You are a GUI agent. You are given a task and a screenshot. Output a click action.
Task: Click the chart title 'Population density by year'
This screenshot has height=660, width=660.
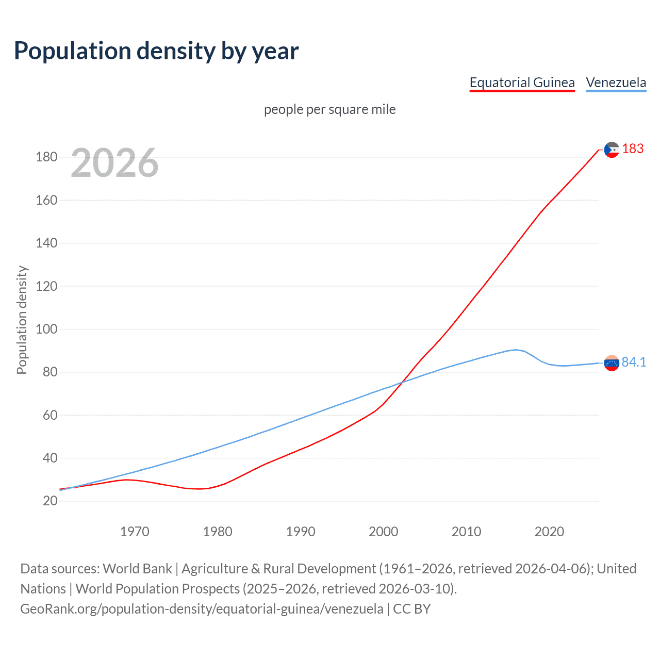(x=156, y=51)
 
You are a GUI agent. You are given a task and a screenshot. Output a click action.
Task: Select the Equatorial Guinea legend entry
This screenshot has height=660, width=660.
(x=522, y=82)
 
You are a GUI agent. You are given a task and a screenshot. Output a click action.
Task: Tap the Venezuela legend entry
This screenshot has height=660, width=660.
(x=616, y=82)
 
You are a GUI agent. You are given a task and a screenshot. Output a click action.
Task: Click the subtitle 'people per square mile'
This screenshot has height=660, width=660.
(x=329, y=109)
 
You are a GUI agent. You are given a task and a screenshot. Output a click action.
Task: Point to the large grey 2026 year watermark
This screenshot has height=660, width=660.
(x=114, y=163)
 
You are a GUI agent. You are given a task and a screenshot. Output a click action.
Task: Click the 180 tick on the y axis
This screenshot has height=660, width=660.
(x=46, y=157)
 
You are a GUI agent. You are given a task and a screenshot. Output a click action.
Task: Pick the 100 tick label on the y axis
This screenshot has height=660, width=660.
(x=46, y=329)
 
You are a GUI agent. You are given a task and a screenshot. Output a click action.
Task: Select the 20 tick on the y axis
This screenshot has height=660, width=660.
(x=50, y=501)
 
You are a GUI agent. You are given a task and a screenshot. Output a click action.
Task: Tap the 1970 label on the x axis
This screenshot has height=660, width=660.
(x=135, y=532)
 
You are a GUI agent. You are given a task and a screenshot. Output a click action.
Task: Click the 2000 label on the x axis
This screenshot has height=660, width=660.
(x=383, y=532)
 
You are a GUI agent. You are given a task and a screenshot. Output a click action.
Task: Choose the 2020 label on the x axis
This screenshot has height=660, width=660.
(x=549, y=532)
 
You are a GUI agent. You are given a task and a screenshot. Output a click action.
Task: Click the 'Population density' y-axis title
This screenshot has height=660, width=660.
(x=22, y=320)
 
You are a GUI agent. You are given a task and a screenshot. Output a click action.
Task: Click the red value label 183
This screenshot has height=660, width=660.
(x=633, y=148)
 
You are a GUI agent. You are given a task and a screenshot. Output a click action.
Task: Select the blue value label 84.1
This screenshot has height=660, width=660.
(x=634, y=362)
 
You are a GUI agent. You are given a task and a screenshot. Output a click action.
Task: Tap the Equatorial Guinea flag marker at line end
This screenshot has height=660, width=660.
(x=612, y=150)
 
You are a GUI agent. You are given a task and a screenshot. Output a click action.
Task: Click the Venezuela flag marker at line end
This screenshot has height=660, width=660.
(x=612, y=363)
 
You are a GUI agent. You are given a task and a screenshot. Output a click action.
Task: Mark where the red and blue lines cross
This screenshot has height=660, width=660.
(x=401, y=382)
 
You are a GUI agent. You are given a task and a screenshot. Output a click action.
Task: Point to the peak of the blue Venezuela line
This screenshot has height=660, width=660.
(x=516, y=350)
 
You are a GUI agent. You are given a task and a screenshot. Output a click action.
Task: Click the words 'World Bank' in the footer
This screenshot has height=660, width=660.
(x=137, y=568)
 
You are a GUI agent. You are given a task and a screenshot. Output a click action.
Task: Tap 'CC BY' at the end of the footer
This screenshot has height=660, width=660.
(x=411, y=608)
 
